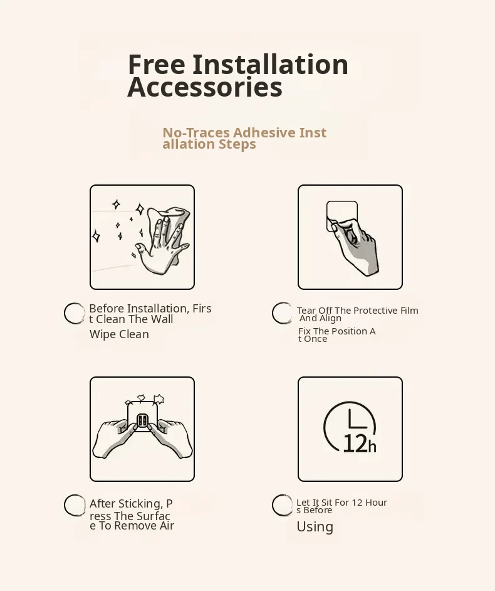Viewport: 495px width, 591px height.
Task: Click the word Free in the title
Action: (x=157, y=65)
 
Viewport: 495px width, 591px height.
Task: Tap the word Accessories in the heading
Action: (x=205, y=87)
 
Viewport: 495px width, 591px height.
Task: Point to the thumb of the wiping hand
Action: (x=142, y=251)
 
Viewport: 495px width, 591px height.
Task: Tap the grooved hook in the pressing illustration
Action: (x=142, y=420)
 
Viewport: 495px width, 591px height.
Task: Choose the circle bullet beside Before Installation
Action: (x=75, y=313)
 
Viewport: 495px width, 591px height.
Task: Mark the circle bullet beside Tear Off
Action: (x=283, y=313)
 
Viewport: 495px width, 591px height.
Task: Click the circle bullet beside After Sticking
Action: (x=75, y=505)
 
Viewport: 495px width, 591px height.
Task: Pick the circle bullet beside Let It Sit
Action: (x=283, y=505)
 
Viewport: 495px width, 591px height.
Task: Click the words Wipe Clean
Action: (x=119, y=334)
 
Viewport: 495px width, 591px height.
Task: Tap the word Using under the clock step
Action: (x=315, y=527)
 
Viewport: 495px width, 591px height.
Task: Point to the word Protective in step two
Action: (x=375, y=311)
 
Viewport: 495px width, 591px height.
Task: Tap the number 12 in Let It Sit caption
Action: (x=357, y=503)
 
